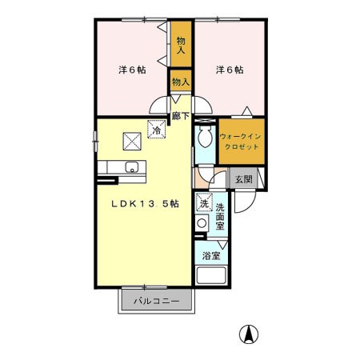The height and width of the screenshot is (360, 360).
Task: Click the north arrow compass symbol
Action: (249, 334)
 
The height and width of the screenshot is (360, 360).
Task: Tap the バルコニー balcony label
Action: (157, 302)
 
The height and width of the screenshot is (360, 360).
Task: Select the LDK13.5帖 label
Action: (145, 204)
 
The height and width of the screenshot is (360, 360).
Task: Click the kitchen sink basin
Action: (132, 167)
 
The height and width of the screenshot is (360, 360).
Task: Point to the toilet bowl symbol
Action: (205, 136)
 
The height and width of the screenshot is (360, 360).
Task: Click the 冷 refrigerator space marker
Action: (157, 130)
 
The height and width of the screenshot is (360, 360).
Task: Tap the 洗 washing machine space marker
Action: (204, 202)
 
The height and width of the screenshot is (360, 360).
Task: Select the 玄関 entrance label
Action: (243, 179)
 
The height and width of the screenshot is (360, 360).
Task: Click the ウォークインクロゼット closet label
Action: (240, 142)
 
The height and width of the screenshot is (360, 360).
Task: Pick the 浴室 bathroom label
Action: (211, 256)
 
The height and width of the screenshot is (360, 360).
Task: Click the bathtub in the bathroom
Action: (211, 275)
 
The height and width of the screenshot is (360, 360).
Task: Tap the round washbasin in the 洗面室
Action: (202, 223)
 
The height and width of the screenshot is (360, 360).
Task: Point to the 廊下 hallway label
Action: (181, 116)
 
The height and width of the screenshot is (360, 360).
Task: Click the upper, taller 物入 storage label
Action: (181, 46)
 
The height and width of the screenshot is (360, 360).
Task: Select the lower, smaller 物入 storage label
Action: (181, 82)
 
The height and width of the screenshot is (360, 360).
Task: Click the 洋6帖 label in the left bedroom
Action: (132, 70)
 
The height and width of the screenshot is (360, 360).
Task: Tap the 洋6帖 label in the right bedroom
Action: (230, 70)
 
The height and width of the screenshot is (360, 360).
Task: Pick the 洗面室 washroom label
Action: (220, 217)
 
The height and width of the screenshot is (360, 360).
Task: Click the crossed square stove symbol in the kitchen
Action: (132, 142)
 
